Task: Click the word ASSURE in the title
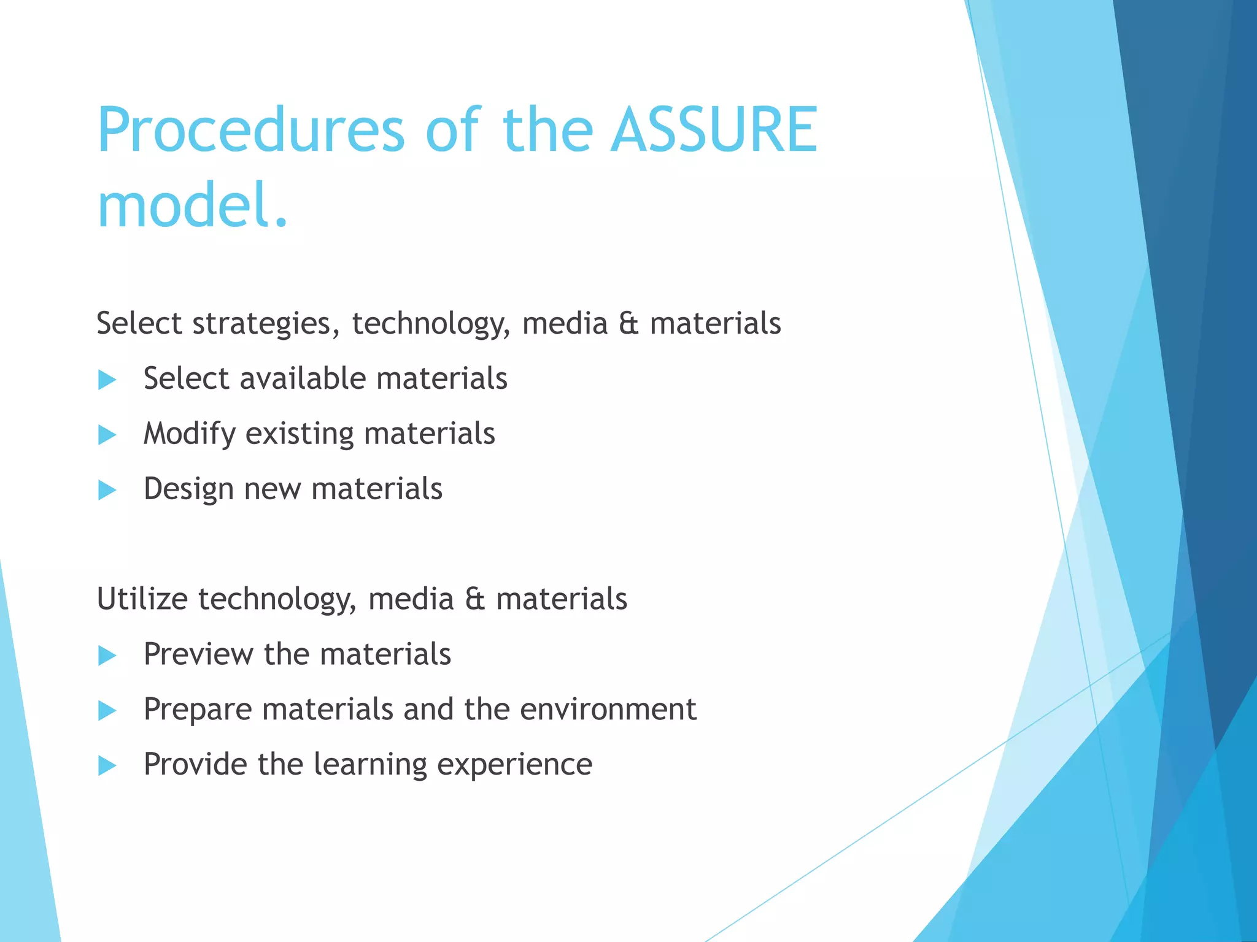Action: pos(714,130)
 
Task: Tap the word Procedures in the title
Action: pos(250,130)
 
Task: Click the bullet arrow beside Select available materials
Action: pos(107,380)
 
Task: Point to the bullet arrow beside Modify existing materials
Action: pos(107,435)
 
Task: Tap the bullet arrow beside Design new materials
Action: pos(107,490)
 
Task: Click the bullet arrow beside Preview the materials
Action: pos(107,656)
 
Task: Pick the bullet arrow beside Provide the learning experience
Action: pos(107,765)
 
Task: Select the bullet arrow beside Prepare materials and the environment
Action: pos(107,711)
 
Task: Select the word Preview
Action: pos(198,654)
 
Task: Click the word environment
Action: pos(608,710)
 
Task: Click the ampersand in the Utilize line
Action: pos(474,599)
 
